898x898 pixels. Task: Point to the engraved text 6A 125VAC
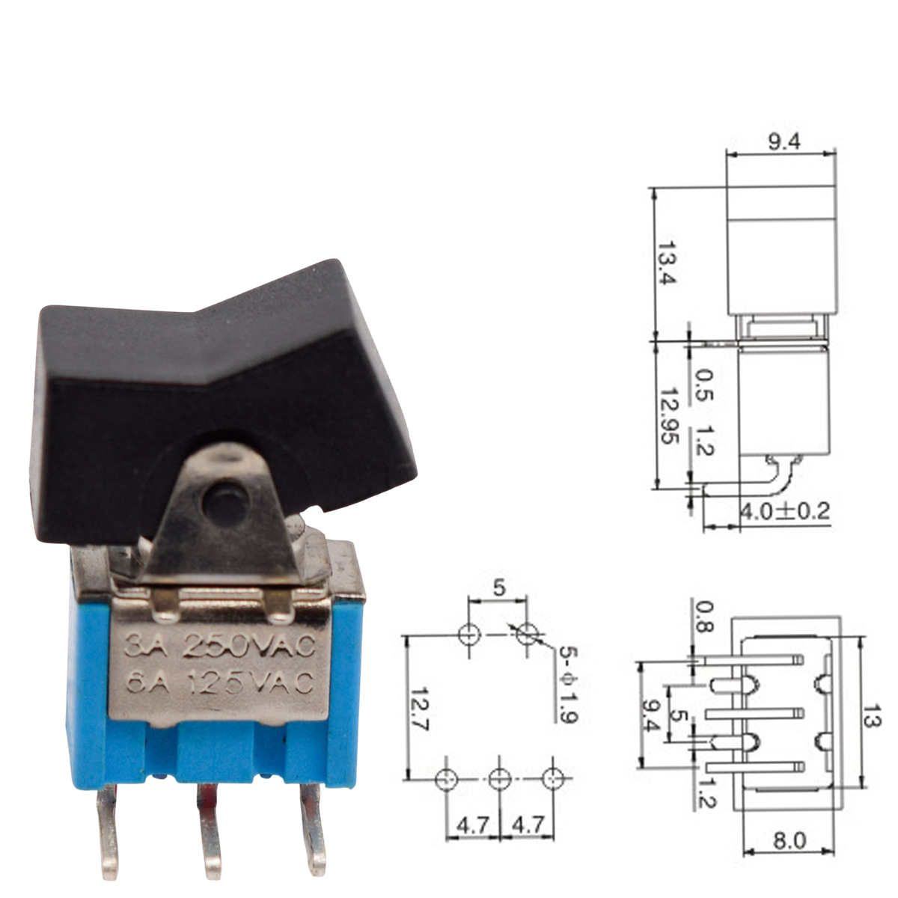[x=219, y=683]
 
